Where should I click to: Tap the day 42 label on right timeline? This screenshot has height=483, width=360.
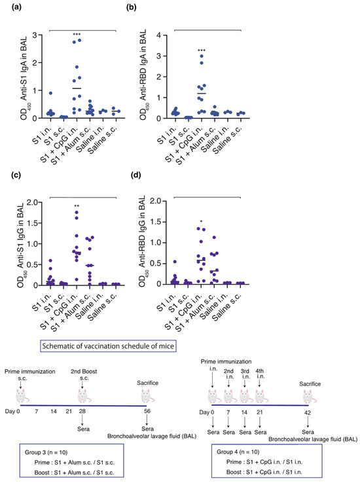pos(308,409)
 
